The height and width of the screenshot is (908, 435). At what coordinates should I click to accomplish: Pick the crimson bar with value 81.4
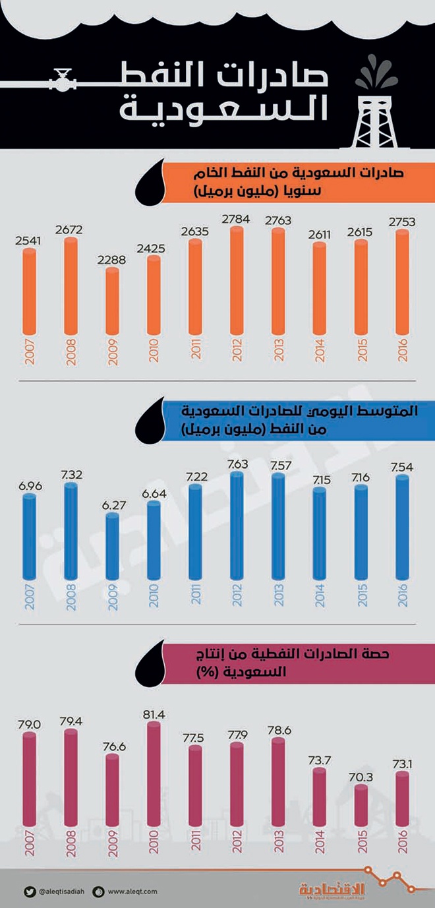click(154, 778)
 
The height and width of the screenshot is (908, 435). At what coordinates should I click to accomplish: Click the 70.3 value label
click(361, 778)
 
